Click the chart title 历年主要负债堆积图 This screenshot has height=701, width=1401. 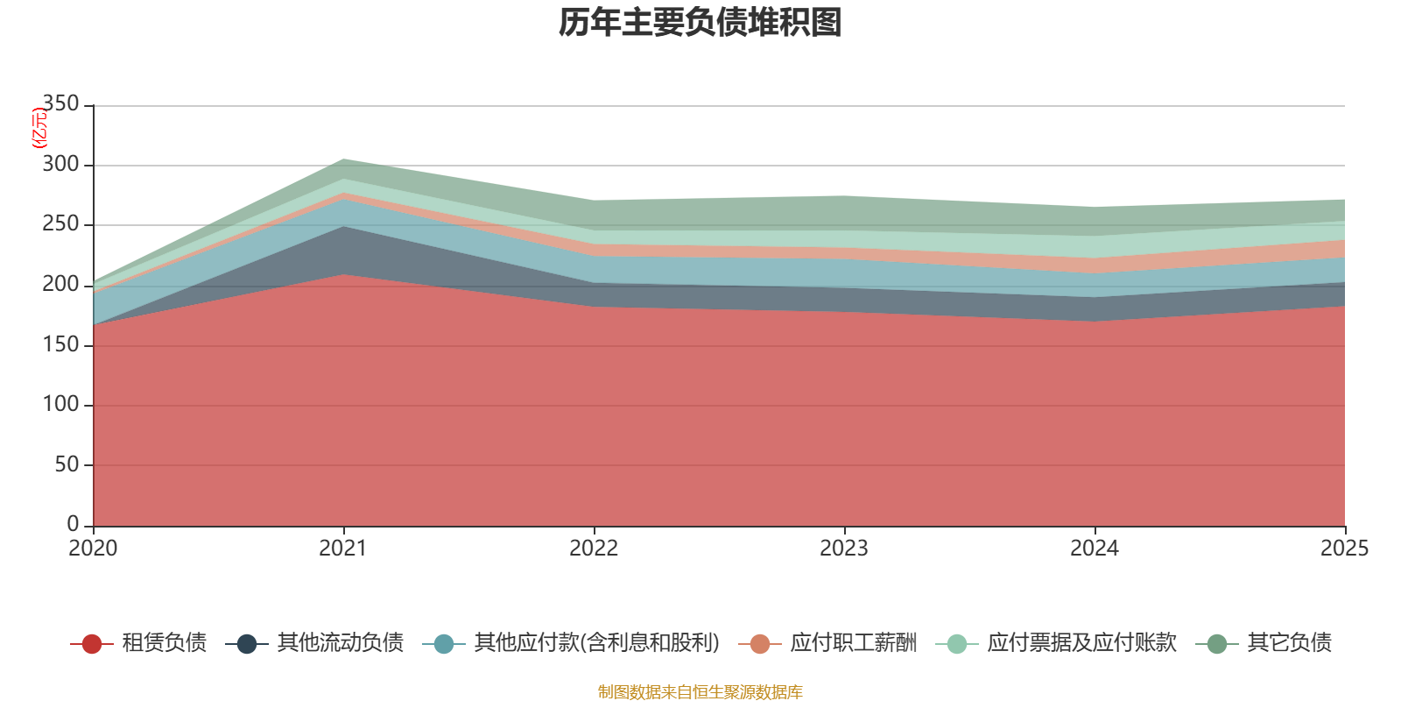(700, 23)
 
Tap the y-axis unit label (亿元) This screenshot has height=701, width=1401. (39, 128)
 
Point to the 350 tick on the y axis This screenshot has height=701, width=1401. (61, 104)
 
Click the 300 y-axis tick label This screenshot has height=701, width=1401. (61, 165)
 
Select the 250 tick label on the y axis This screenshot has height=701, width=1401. (61, 224)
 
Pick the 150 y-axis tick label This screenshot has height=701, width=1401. (61, 344)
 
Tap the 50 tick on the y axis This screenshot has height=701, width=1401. (67, 464)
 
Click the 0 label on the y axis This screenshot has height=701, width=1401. (73, 524)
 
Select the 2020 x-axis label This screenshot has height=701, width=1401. (93, 549)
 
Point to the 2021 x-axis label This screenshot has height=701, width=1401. (343, 549)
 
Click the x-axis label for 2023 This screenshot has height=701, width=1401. (844, 549)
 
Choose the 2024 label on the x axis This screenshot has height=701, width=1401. (1095, 549)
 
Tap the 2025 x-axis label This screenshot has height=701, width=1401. (1344, 549)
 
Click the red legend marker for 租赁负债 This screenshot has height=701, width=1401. (91, 644)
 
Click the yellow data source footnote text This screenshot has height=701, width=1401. (700, 692)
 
